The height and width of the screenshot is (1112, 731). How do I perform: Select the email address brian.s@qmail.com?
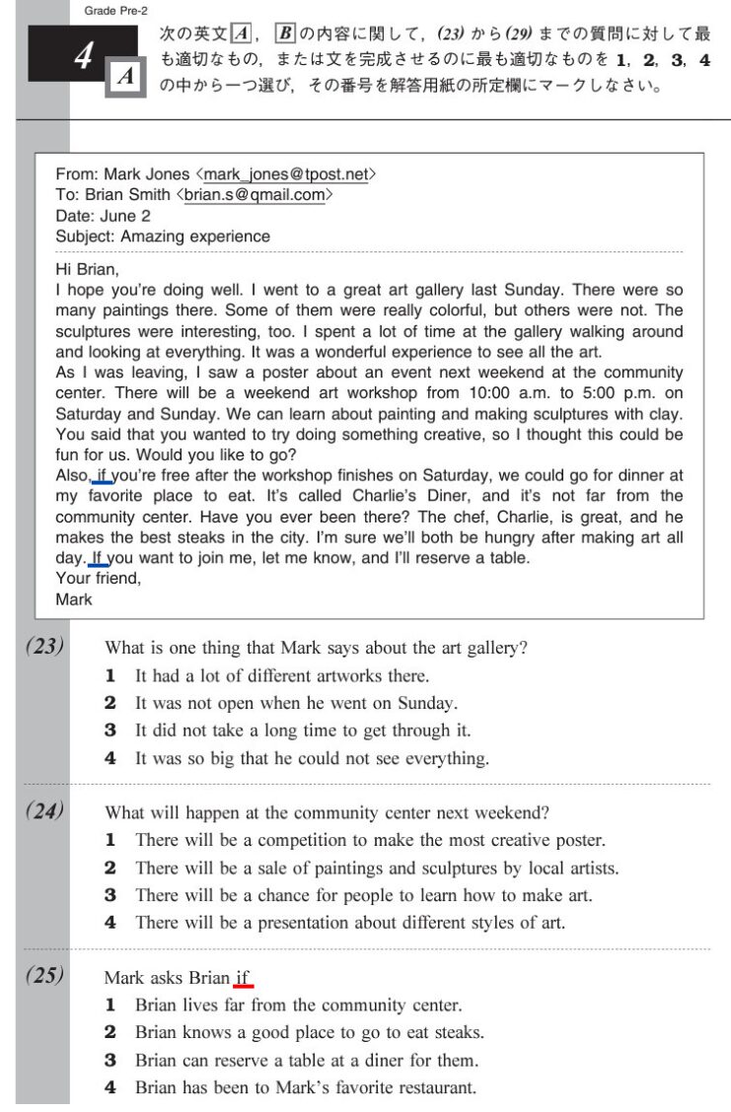tap(254, 195)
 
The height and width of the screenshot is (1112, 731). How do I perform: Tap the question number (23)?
tap(45, 647)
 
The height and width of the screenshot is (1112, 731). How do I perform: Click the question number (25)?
tap(45, 976)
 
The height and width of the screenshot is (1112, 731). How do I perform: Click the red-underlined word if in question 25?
tap(244, 979)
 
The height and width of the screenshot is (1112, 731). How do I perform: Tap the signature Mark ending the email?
tap(74, 599)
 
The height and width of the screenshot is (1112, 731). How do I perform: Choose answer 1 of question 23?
tap(281, 676)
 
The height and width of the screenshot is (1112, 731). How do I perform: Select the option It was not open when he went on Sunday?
tap(296, 704)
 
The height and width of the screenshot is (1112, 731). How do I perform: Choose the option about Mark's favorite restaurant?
tap(305, 1088)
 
